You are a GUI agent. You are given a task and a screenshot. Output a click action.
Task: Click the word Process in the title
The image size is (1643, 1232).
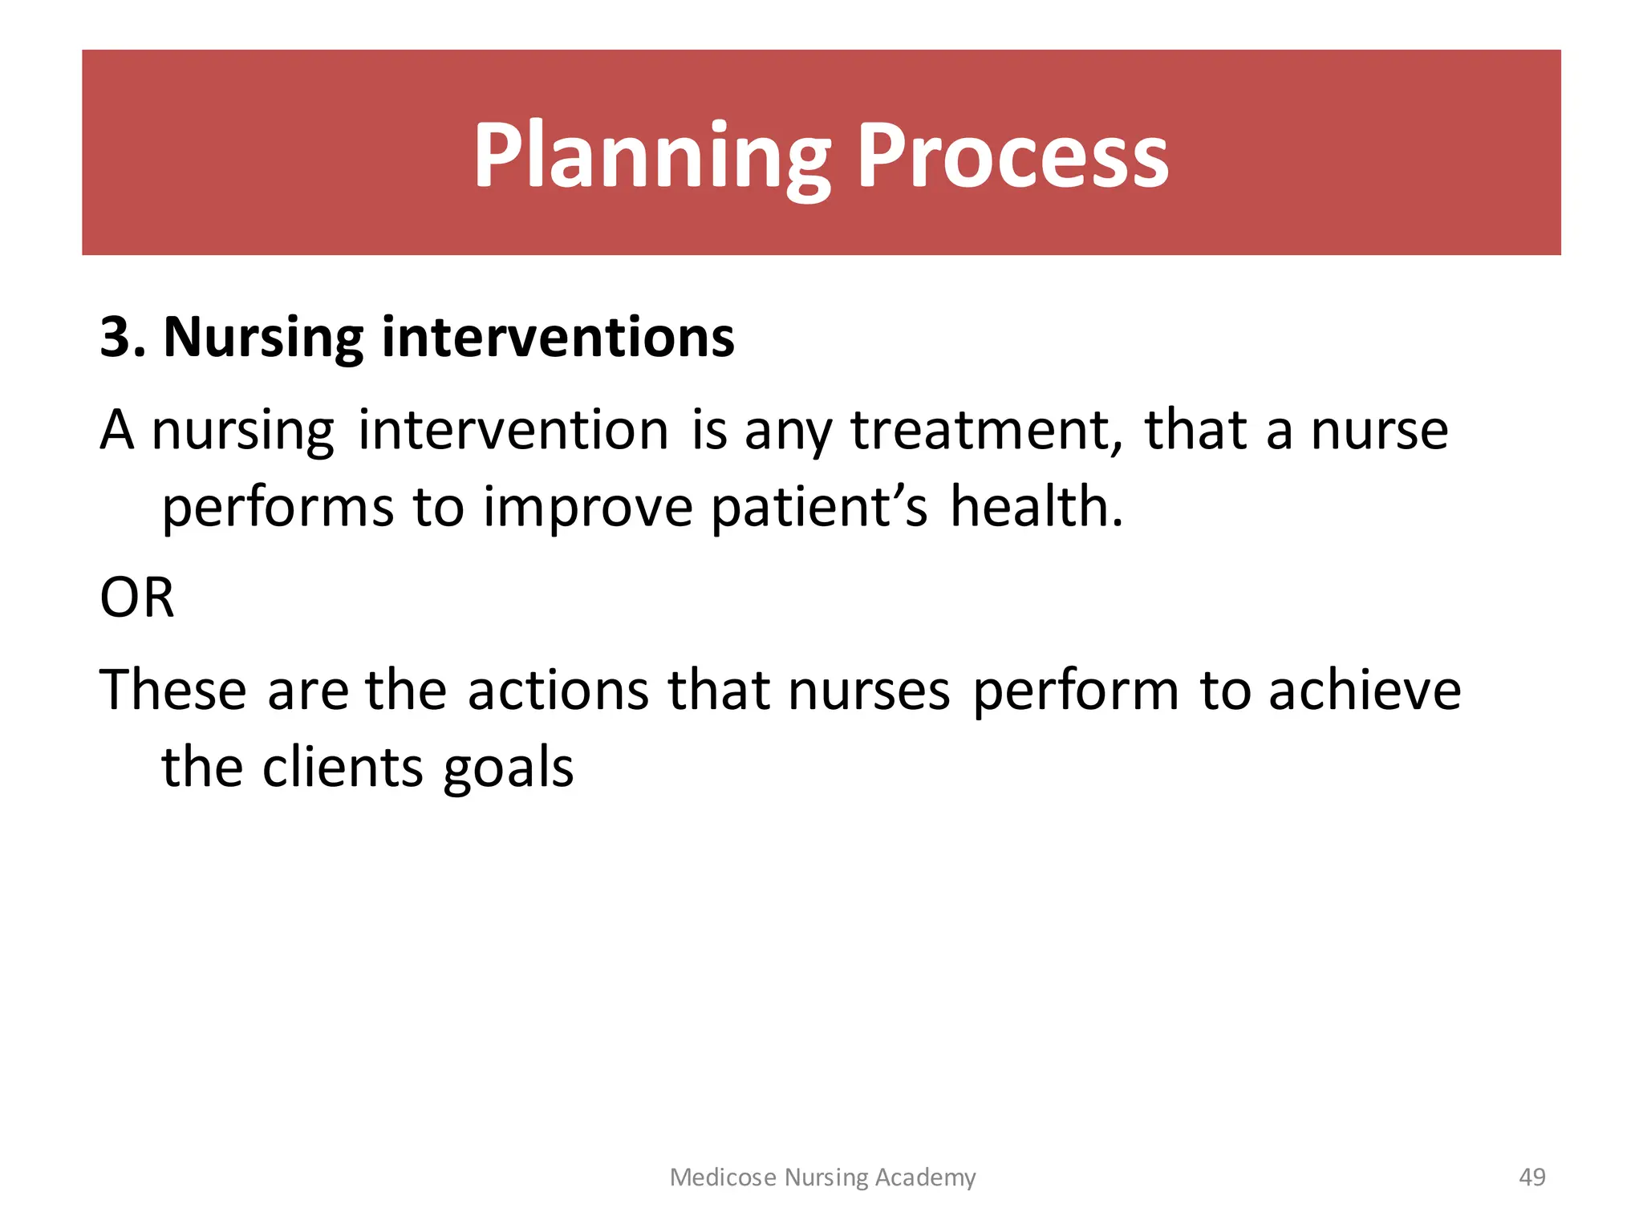(x=1012, y=156)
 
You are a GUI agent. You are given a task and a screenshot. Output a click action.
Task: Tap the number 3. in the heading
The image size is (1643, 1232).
(x=123, y=337)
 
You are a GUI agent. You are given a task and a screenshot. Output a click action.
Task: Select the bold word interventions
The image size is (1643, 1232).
(x=558, y=337)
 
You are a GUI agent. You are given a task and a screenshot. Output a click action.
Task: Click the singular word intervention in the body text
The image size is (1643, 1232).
(x=513, y=431)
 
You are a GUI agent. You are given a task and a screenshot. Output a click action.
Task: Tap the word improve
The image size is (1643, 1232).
(x=587, y=509)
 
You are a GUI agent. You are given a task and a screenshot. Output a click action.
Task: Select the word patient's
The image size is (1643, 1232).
(x=819, y=509)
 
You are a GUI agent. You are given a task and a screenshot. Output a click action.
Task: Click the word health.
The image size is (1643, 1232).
(x=1037, y=507)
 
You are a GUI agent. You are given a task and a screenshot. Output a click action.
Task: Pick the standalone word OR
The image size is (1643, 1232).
(x=136, y=598)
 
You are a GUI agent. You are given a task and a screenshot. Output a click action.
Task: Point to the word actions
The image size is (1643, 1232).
(x=558, y=690)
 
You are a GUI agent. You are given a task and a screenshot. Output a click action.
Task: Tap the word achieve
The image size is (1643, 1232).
(x=1365, y=690)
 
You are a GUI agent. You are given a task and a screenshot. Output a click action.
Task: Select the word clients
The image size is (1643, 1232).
(x=343, y=768)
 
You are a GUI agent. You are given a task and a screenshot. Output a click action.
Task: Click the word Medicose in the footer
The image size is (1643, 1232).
(x=723, y=1177)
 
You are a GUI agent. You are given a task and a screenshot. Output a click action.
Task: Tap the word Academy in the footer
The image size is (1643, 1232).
(x=925, y=1178)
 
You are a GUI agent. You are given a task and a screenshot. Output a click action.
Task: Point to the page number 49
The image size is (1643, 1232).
(x=1531, y=1177)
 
